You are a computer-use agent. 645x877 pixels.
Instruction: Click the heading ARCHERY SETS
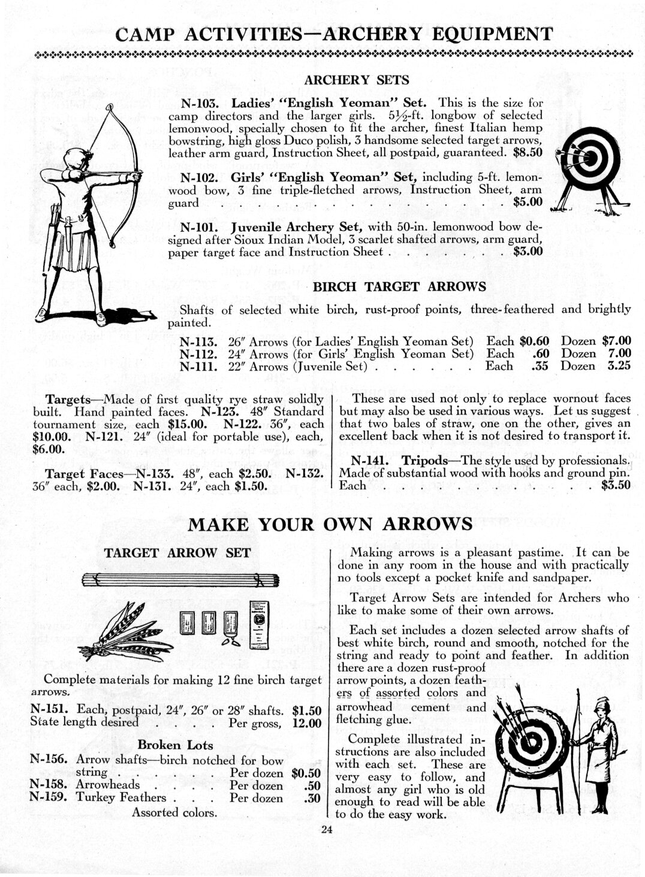coord(357,80)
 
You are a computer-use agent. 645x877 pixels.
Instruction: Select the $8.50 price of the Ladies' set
coord(528,153)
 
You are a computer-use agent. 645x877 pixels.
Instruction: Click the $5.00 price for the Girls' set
coord(528,202)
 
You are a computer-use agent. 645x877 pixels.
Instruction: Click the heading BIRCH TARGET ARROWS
coord(399,286)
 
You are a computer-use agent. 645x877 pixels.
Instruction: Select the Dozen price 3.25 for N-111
coord(618,366)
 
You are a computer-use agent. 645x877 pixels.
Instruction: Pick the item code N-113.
coord(198,341)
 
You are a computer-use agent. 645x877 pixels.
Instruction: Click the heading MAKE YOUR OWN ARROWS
coord(330,524)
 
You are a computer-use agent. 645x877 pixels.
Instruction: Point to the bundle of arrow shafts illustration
coord(180,580)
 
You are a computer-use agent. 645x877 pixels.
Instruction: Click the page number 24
coord(325,830)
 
